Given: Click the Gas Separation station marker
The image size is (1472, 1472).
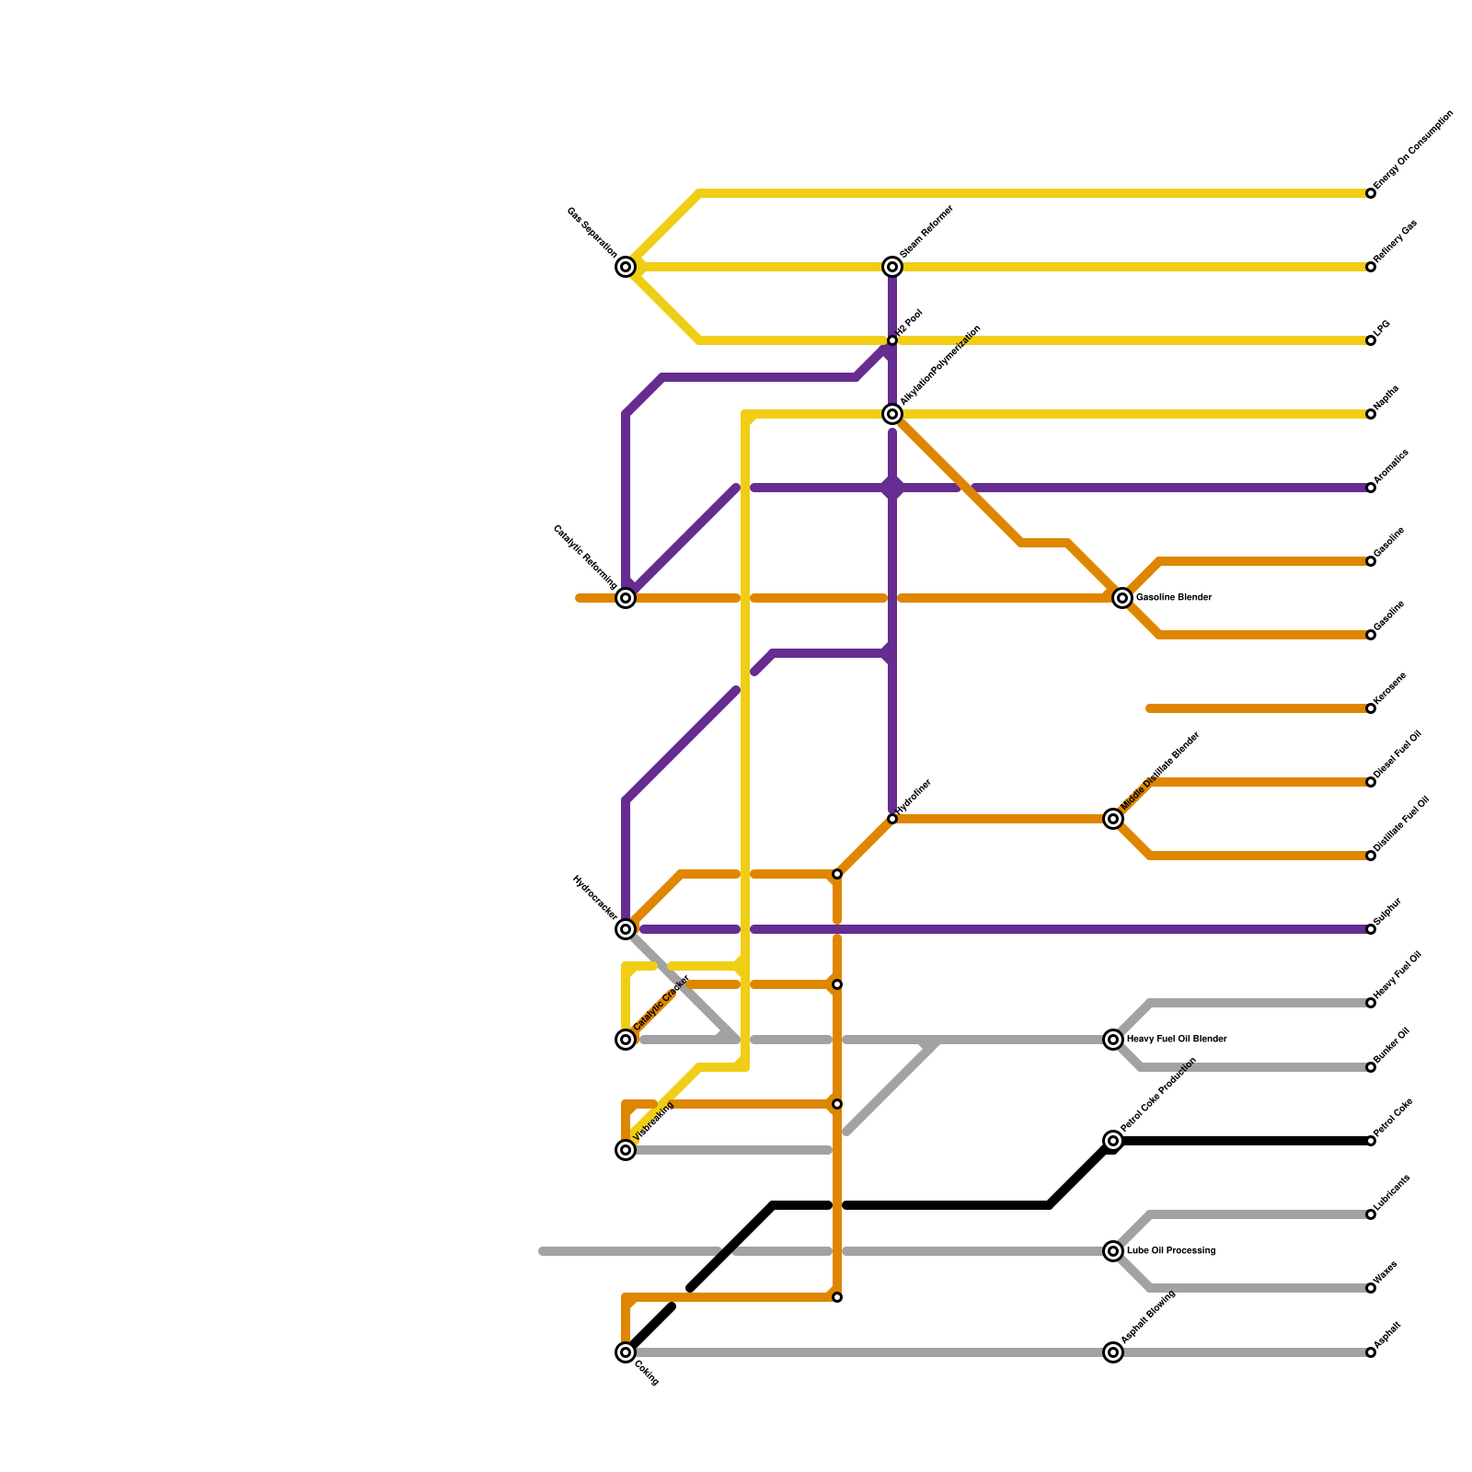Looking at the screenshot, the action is point(626,267).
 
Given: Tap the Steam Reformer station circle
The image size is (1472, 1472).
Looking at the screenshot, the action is point(892,267).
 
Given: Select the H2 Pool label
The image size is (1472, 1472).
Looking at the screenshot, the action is point(910,323).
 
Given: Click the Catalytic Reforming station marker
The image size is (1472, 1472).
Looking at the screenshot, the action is point(626,598).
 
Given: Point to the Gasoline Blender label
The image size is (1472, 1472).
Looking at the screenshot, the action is point(1174,598).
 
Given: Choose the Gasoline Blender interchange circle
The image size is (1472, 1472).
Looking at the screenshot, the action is point(1122,598).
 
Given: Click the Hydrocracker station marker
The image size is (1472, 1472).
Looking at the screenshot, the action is point(626,929).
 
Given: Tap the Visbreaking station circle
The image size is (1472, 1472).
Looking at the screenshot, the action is point(626,1150).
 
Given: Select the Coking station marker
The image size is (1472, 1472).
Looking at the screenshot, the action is point(626,1352).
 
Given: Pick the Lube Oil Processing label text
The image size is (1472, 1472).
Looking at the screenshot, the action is point(1171,1251).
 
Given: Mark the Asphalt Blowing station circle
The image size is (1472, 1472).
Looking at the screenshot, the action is point(1113,1352).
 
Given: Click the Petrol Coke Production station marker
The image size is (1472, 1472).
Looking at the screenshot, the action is point(1113,1141).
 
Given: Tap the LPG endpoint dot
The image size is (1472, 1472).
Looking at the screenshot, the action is point(1371,340).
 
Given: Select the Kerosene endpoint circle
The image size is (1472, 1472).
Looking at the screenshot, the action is point(1371,708).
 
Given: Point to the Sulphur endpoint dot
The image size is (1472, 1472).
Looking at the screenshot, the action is point(1371,929).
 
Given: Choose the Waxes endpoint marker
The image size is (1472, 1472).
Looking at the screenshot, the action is point(1371,1288).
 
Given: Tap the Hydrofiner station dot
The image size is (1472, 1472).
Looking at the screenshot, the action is point(892,819).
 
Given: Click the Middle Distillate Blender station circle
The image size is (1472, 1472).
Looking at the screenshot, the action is point(1113,819).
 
